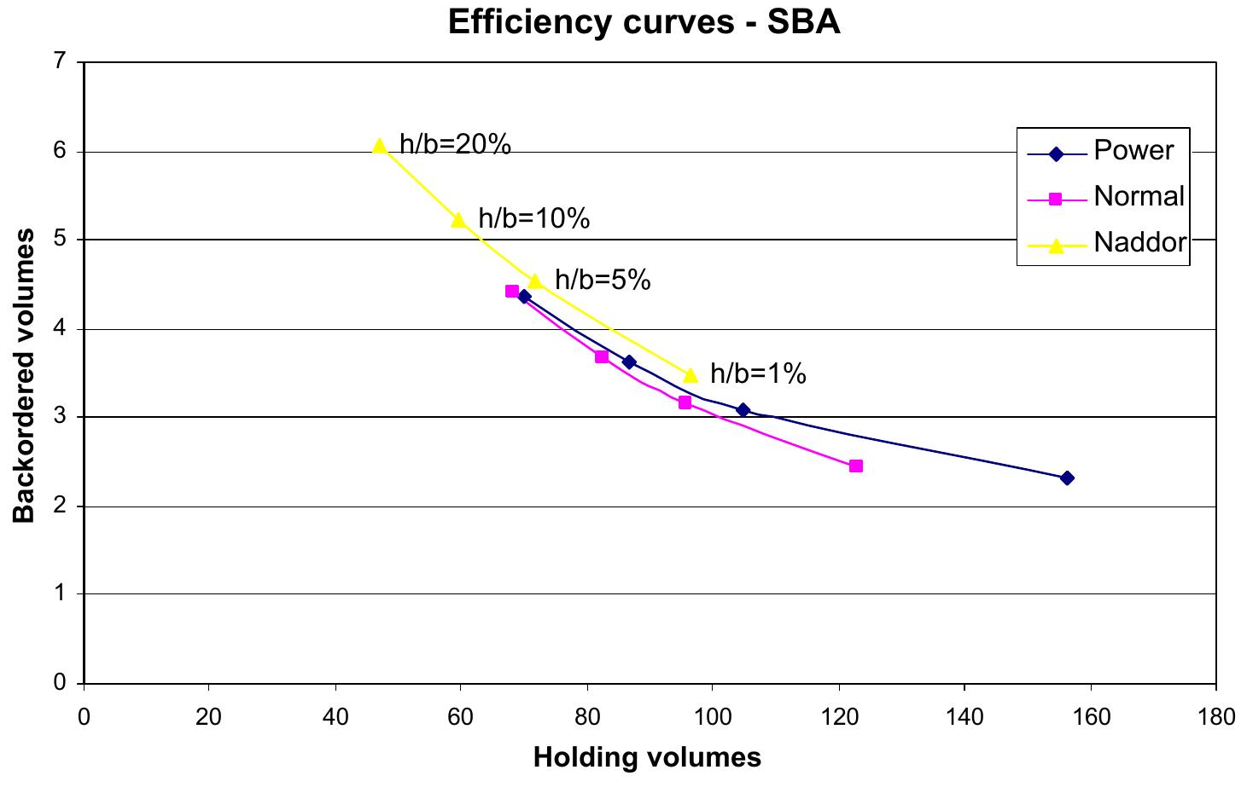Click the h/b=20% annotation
coord(455,146)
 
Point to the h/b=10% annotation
coord(533,219)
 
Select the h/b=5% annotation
coord(603,280)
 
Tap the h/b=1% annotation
coord(758,373)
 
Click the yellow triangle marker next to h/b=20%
coord(380,146)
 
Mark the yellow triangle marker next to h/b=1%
coord(691,375)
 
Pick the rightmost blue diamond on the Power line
coord(1067,478)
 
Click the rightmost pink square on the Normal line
coord(856,466)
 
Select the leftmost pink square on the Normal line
coord(512,292)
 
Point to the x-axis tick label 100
coord(712,717)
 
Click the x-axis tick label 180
coord(1215,717)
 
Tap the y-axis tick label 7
coord(60,62)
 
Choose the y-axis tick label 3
coord(60,417)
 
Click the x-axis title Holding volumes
coord(647,757)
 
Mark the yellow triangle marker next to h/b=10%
coord(458,220)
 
